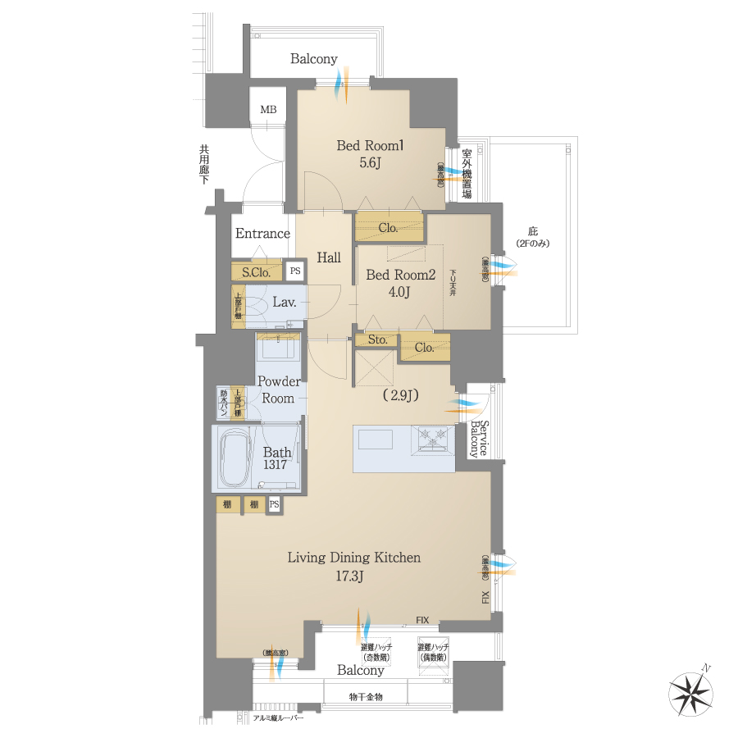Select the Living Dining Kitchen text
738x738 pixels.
[353, 558]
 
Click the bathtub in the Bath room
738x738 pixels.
[239, 458]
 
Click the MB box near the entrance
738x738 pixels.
[268, 110]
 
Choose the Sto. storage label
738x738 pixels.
[376, 339]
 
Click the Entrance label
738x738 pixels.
[262, 234]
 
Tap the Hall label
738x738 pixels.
[329, 257]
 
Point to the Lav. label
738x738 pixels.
[284, 303]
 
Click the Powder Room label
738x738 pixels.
[279, 390]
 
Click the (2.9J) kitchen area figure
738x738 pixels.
[400, 395]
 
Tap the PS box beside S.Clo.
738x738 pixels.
[295, 271]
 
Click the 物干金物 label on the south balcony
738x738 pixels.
[365, 697]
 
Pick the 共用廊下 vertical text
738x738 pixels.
[203, 165]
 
